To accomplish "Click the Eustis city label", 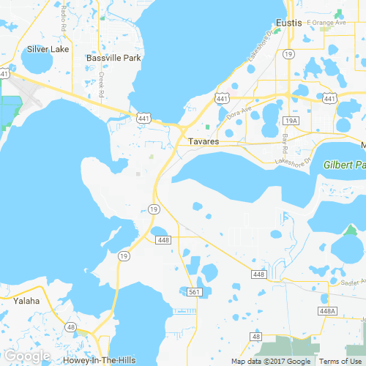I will coord(290,23).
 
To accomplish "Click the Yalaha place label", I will coord(26,301).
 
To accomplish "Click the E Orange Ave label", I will coord(326,23).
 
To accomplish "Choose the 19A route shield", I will coord(291,120).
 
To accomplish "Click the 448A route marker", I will coord(327,311).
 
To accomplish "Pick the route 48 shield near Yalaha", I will coord(71,326).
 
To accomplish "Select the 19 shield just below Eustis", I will coord(290,54).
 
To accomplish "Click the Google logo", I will coord(27,356).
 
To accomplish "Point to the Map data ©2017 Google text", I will coord(272,361).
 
